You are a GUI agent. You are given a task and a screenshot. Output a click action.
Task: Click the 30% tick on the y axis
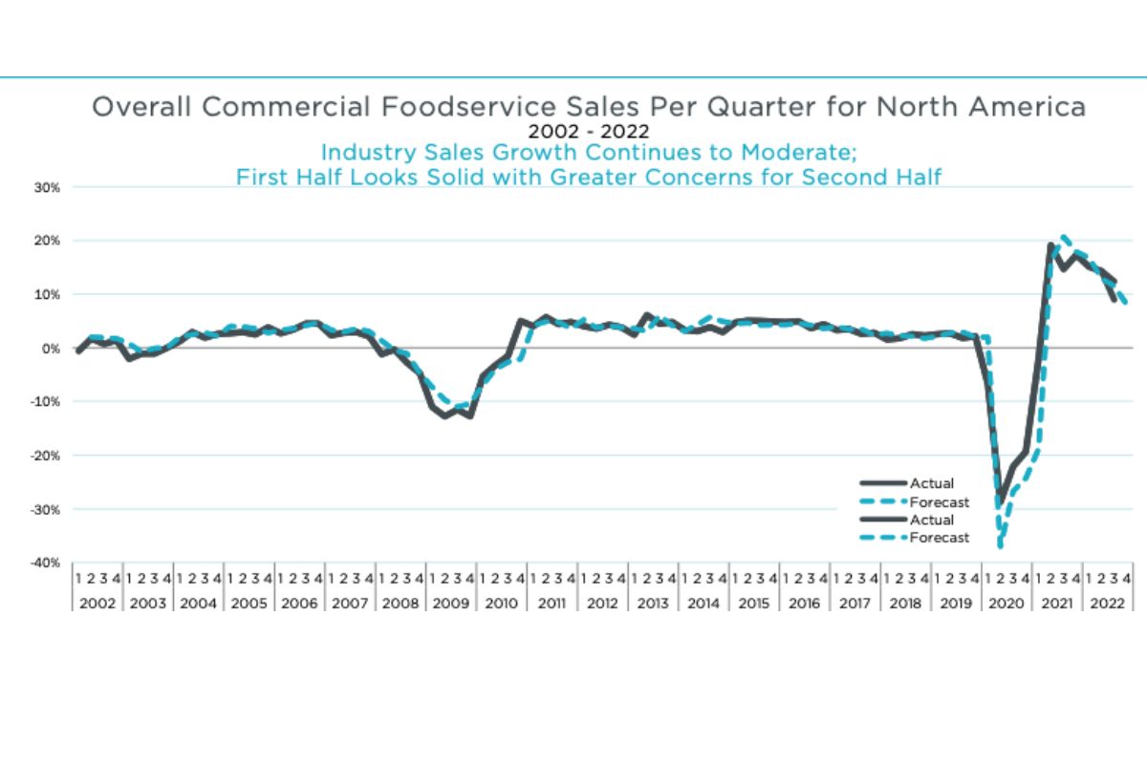point(49,187)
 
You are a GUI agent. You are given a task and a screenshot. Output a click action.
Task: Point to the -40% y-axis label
point(47,562)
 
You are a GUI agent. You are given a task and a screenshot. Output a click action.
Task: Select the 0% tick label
point(52,349)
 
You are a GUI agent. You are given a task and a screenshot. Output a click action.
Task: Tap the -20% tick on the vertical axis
point(47,456)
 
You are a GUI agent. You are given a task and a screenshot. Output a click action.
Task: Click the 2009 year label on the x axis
point(450,604)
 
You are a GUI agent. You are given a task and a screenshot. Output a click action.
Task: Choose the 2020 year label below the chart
point(1006,604)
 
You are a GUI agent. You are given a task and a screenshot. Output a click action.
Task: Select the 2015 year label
point(753,604)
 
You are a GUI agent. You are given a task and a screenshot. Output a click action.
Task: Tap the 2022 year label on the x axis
point(1108,604)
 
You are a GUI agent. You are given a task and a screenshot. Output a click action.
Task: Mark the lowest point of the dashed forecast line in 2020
point(1000,546)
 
